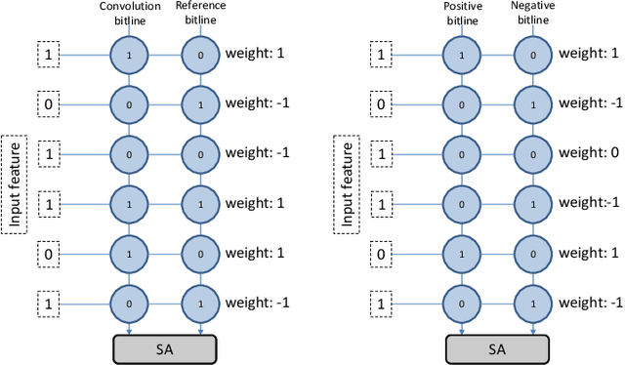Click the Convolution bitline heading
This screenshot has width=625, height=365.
[130, 12]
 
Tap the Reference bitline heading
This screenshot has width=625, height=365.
[201, 12]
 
